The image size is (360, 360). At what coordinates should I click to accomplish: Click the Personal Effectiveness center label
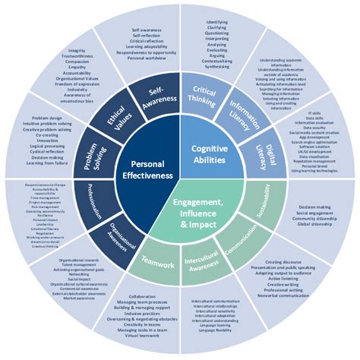point(144,169)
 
